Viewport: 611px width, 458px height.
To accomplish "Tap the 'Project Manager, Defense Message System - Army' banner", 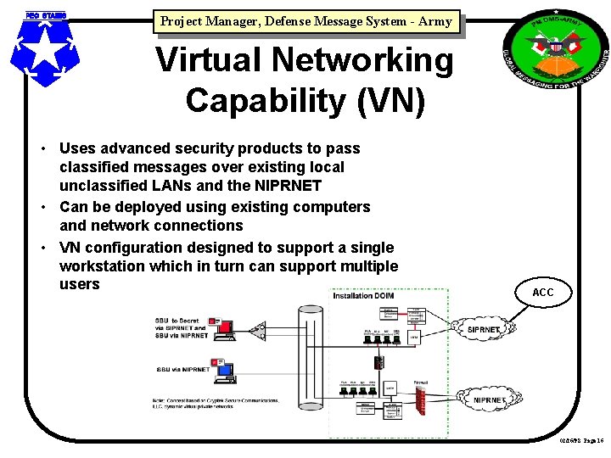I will (x=305, y=22).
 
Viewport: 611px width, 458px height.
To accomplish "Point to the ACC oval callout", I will (x=542, y=293).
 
